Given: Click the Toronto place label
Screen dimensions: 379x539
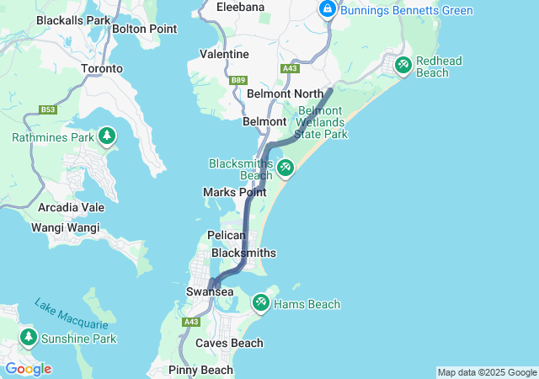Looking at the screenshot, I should point(101,68).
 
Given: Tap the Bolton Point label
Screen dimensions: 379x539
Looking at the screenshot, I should point(144,29).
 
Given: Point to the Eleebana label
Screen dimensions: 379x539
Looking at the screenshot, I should point(240,7).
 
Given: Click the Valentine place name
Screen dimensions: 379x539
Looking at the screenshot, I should point(224,54).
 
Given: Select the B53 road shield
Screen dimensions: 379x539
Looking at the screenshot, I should point(48,109).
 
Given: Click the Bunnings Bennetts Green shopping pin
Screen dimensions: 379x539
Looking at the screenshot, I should point(327,9).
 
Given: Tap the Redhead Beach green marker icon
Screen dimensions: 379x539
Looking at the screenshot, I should point(403,63).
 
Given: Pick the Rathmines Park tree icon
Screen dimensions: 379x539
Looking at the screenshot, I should point(106,135).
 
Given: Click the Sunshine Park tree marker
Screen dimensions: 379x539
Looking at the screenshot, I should point(29,337).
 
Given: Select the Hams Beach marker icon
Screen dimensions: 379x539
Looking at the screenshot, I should point(260,302).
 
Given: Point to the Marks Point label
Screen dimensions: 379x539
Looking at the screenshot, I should point(234,192).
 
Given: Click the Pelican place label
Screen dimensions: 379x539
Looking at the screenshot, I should point(226,236).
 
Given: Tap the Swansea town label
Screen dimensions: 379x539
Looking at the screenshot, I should point(209,291).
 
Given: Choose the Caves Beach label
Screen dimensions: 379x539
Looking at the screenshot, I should point(229,343).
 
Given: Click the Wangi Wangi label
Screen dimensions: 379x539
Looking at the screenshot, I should point(65,227).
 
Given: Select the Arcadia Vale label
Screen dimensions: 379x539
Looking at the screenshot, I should point(72,207).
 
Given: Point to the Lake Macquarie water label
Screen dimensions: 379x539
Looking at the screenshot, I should point(72,313).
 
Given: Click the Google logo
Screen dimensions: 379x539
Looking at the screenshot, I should point(28,368).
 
